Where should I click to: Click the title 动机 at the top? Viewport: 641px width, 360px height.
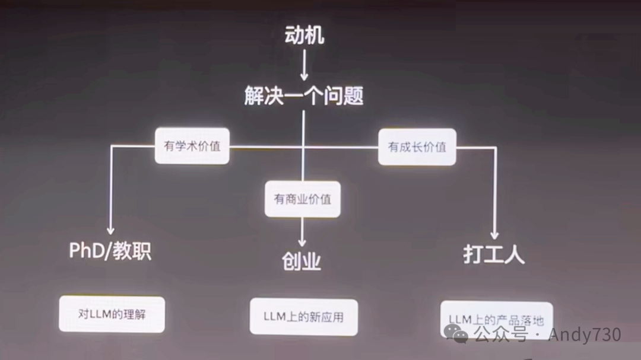303,35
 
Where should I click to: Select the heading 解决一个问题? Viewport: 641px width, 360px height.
303,95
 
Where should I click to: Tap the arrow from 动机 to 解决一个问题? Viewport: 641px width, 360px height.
303,65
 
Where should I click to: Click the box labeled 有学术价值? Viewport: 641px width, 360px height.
192,146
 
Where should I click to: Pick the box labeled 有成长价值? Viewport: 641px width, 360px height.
417,146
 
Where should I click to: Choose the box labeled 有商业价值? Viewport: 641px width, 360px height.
302,199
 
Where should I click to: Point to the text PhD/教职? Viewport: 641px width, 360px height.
110,251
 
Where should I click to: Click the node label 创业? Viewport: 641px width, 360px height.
302,260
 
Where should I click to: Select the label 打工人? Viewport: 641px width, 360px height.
494,255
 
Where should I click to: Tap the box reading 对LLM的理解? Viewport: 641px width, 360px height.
112,314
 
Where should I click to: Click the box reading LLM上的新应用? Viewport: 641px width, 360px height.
303,317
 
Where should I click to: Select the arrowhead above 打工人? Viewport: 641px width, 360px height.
494,235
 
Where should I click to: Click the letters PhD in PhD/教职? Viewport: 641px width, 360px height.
86,251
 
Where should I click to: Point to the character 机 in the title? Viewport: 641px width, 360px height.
315,35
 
